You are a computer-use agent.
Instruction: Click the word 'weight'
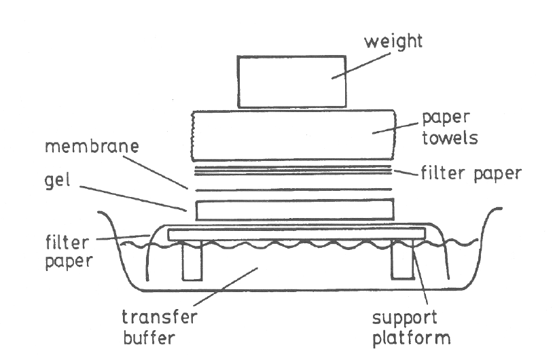pyautogui.click(x=393, y=41)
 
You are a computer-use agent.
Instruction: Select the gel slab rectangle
pyautogui.click(x=294, y=209)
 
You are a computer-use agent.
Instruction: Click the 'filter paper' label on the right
pyautogui.click(x=469, y=173)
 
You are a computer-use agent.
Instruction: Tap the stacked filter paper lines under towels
pyautogui.click(x=293, y=168)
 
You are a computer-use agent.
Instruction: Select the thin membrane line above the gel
pyautogui.click(x=293, y=189)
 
